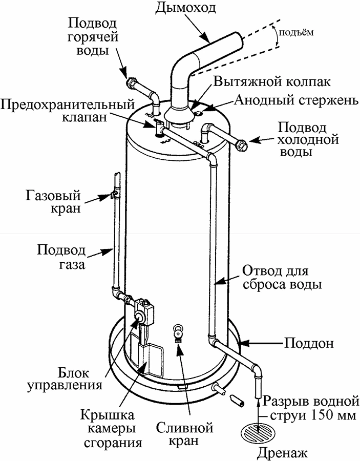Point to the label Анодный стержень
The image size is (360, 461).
(x=293, y=100)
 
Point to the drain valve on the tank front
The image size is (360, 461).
(x=178, y=332)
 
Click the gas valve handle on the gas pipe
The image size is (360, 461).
(x=111, y=194)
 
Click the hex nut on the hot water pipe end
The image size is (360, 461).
(x=130, y=82)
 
